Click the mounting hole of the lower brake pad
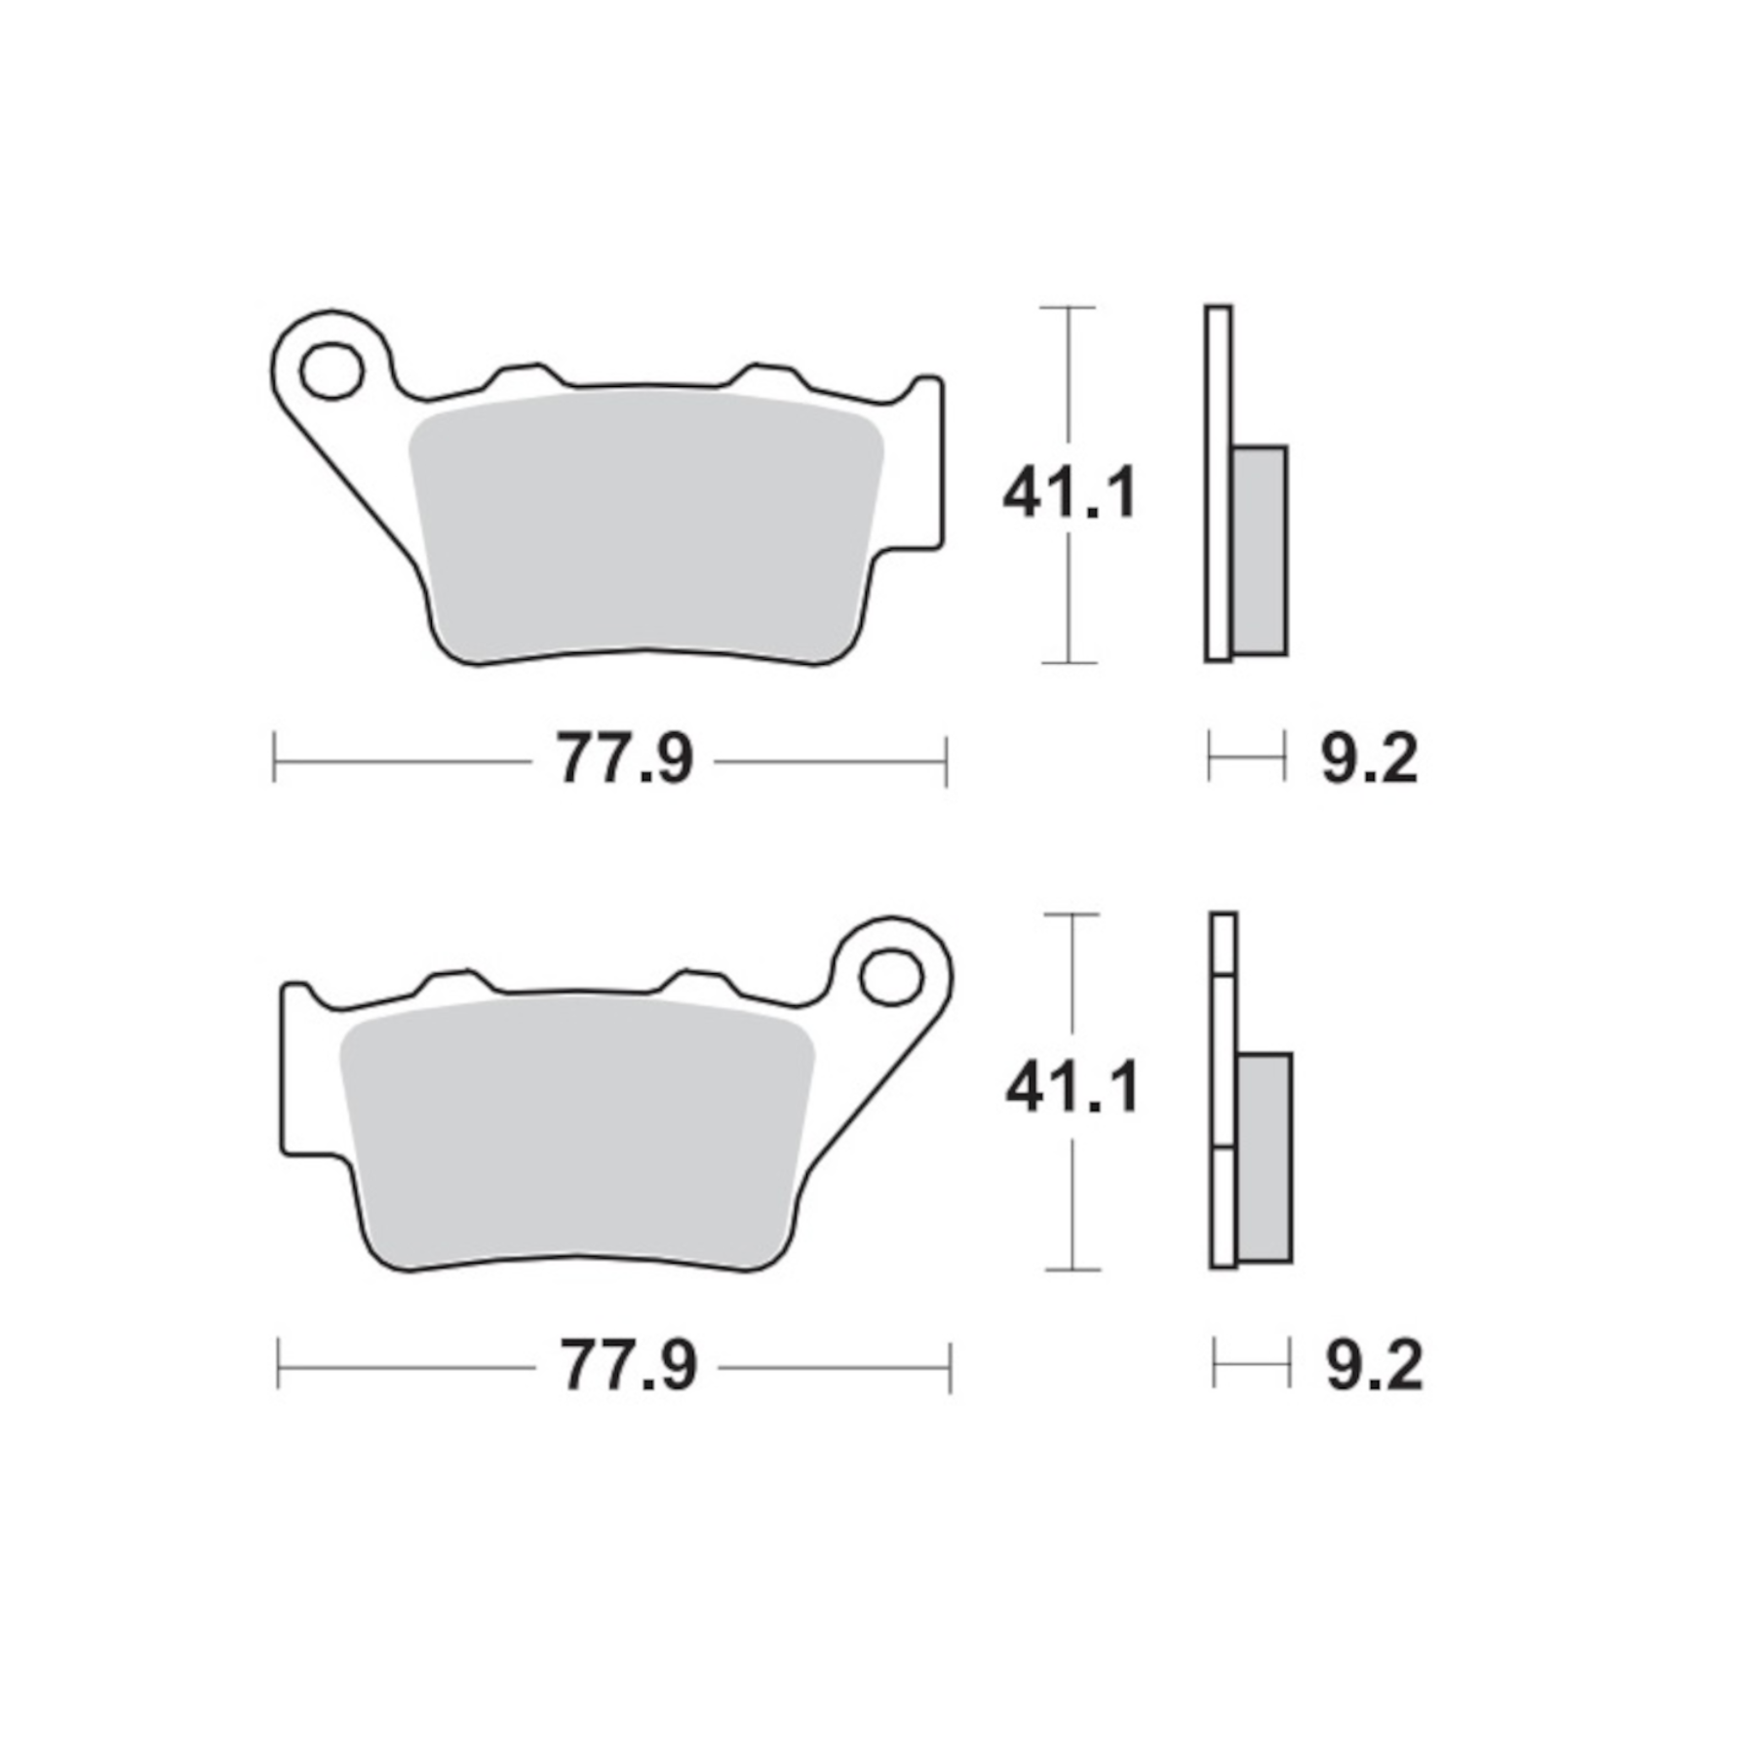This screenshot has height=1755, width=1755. pos(891,977)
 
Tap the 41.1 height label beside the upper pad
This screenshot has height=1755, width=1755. pos(1070,493)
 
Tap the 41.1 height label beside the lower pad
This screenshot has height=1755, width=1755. pos(1072,1088)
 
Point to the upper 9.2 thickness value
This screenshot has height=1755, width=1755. pos(1369,759)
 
